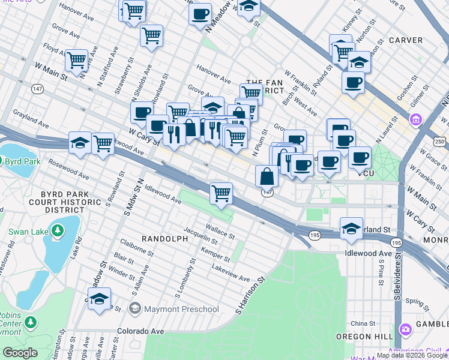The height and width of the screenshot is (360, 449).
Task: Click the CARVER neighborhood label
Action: pos(406,40)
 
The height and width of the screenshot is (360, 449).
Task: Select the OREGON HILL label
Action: pos(361,337)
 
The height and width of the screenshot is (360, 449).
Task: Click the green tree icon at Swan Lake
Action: pos(58,230)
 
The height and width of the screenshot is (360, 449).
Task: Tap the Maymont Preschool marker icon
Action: pos(135,309)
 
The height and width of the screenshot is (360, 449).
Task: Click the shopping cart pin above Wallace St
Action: pos(221,193)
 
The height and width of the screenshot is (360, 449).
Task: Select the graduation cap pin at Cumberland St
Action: pos(351,227)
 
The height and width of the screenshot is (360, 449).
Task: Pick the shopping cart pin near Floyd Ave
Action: pos(77,59)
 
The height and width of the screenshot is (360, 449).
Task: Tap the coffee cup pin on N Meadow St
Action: pos(200,13)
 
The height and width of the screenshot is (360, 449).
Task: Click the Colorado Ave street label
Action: pos(140,331)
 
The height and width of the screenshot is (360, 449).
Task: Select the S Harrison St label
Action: pos(250,296)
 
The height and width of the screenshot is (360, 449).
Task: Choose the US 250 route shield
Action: pos(441,140)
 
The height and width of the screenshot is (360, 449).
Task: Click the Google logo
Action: pos(20,353)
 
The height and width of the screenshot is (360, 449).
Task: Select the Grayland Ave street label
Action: pos(30,118)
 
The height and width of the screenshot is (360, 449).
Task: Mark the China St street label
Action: pos(363,323)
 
